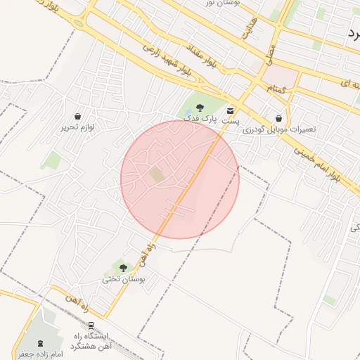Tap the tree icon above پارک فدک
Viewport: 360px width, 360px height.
(x=200, y=108)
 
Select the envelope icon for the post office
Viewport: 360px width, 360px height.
(x=231, y=110)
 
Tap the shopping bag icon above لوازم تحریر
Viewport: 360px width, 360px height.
(x=77, y=116)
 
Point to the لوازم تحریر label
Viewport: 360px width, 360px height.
(x=77, y=127)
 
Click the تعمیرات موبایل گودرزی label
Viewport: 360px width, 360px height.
(x=280, y=130)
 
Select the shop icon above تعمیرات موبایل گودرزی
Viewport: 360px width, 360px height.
(x=280, y=118)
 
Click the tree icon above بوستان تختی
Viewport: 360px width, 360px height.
(x=123, y=268)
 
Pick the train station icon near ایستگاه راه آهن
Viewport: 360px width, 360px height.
(x=91, y=326)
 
